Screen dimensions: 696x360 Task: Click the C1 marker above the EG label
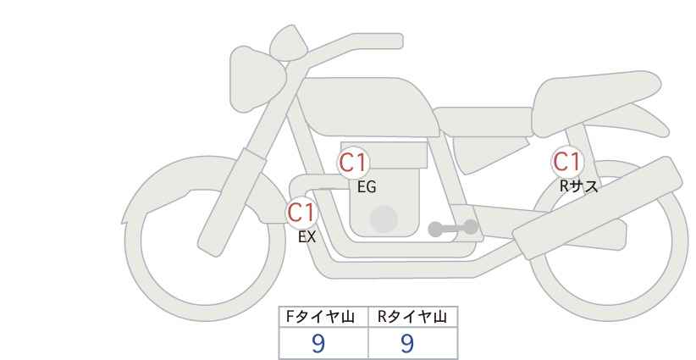[353, 163]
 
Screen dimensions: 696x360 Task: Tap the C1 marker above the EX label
[301, 212]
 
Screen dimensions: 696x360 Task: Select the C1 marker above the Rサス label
[566, 162]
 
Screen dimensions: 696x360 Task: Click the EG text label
[367, 187]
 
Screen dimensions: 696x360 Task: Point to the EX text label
[307, 237]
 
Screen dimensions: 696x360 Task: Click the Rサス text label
[578, 186]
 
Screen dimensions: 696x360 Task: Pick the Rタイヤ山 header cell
[413, 317]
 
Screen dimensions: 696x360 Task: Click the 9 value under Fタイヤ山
[318, 343]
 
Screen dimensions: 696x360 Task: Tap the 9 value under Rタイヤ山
[407, 343]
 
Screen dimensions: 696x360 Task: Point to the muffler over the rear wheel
[597, 208]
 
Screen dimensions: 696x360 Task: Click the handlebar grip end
[395, 42]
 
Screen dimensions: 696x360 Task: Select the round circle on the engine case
[384, 219]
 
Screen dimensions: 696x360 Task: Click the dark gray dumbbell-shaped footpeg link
[453, 228]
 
